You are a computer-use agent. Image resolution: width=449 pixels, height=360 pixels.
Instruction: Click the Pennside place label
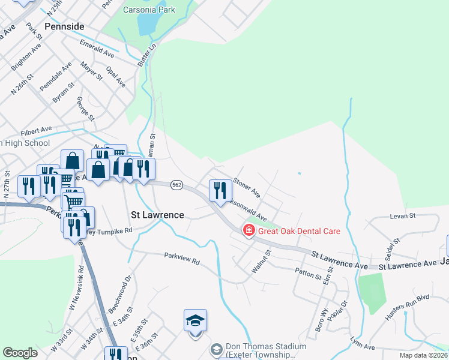pyautogui.click(x=64, y=27)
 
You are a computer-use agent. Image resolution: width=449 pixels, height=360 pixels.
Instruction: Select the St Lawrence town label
pyautogui.click(x=157, y=214)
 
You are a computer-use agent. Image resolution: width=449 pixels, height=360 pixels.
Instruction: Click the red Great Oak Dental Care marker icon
pyautogui.click(x=248, y=230)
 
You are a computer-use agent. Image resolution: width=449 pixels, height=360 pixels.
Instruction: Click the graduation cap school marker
pyautogui.click(x=195, y=321)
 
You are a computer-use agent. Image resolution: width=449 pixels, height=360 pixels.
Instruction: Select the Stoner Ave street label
pyautogui.click(x=247, y=186)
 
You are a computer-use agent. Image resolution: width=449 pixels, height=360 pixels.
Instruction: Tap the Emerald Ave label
pyautogui.click(x=97, y=49)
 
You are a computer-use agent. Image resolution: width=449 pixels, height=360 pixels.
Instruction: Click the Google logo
pyautogui.click(x=20, y=353)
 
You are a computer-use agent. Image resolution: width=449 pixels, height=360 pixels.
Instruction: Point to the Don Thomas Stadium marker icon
pyautogui.click(x=216, y=349)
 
